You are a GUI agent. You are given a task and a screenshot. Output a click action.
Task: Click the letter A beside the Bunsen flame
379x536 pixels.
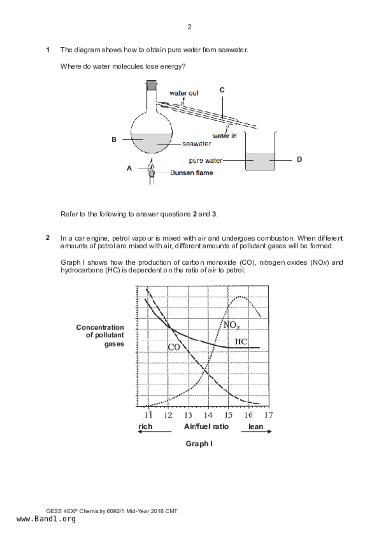coord(129,168)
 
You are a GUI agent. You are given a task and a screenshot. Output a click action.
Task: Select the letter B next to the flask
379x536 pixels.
coord(114,140)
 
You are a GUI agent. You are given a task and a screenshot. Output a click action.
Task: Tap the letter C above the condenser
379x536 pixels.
coord(222,90)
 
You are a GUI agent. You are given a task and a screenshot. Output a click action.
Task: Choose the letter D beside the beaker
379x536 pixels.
coord(299,159)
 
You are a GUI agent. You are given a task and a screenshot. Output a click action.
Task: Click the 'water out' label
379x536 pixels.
coord(184,93)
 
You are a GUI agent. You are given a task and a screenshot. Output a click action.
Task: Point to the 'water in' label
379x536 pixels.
coord(224,136)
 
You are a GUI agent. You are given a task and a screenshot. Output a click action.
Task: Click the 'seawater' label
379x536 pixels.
coord(196,144)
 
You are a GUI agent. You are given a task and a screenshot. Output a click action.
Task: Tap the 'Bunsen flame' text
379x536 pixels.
coord(191,173)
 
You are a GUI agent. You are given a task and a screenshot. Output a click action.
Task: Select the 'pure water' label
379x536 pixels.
coord(205,160)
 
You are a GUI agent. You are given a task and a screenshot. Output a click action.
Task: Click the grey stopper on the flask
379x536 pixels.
coord(151,85)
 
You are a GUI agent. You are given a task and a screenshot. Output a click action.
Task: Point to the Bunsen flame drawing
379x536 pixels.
coord(151,170)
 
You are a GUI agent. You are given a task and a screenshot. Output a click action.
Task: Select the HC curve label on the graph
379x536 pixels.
coord(241,342)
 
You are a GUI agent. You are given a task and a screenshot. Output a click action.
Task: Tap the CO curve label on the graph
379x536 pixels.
coord(174,347)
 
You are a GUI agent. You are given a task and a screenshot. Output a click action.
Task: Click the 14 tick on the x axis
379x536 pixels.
coord(208,415)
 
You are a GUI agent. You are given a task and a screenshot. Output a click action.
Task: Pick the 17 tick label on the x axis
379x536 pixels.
coord(268,415)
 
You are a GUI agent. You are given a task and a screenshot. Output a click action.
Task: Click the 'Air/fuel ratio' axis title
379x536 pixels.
coord(206,427)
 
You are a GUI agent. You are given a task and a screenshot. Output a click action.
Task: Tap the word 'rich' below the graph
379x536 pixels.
coord(145,427)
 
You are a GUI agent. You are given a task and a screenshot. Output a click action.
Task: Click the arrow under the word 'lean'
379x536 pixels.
coord(256,431)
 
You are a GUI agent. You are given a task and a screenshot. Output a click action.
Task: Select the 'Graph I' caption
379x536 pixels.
coord(199,444)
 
